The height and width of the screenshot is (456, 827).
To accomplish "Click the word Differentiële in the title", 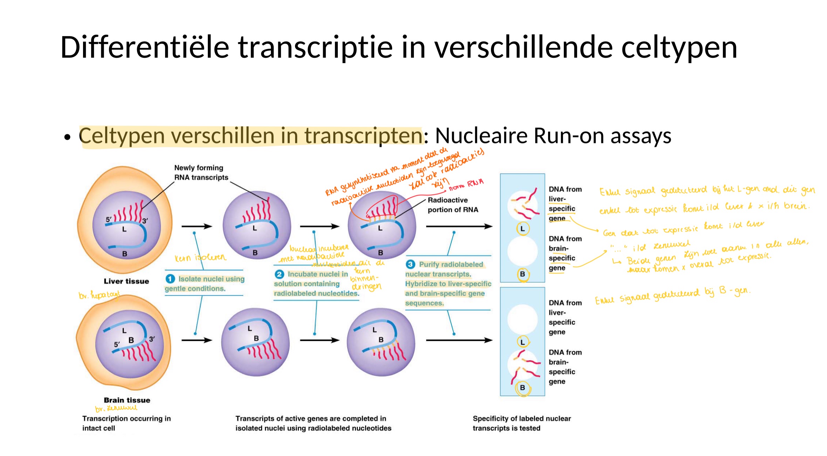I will (x=144, y=47).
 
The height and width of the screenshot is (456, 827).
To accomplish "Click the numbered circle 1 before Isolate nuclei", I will (x=170, y=279).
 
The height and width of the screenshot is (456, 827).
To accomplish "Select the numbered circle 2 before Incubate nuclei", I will (x=279, y=274).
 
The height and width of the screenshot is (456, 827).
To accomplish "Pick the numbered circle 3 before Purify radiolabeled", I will (x=410, y=264).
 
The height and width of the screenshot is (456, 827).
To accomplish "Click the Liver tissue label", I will (x=126, y=281).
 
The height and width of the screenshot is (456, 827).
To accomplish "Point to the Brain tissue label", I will (x=127, y=400).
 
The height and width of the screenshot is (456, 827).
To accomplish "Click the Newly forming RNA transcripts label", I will (x=201, y=173).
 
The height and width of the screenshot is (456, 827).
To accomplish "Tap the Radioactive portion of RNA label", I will (x=452, y=205).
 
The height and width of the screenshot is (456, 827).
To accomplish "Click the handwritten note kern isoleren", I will (x=200, y=258).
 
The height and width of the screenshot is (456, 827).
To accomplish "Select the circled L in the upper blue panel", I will (x=522, y=229).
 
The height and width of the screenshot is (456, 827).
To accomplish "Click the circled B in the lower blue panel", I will (x=522, y=388).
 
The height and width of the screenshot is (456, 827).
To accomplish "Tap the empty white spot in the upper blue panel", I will (x=522, y=251).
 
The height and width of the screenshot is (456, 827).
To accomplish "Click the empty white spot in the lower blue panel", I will (x=522, y=319).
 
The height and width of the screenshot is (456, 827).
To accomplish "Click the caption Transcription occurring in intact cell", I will (x=126, y=423).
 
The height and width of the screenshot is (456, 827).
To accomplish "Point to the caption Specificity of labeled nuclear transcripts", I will (x=521, y=423).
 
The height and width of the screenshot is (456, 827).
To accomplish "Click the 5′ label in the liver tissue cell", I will (x=109, y=220).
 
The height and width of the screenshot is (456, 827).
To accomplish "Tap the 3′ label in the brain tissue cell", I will (x=152, y=339).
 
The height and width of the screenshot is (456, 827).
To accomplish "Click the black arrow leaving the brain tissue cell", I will (x=197, y=340).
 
